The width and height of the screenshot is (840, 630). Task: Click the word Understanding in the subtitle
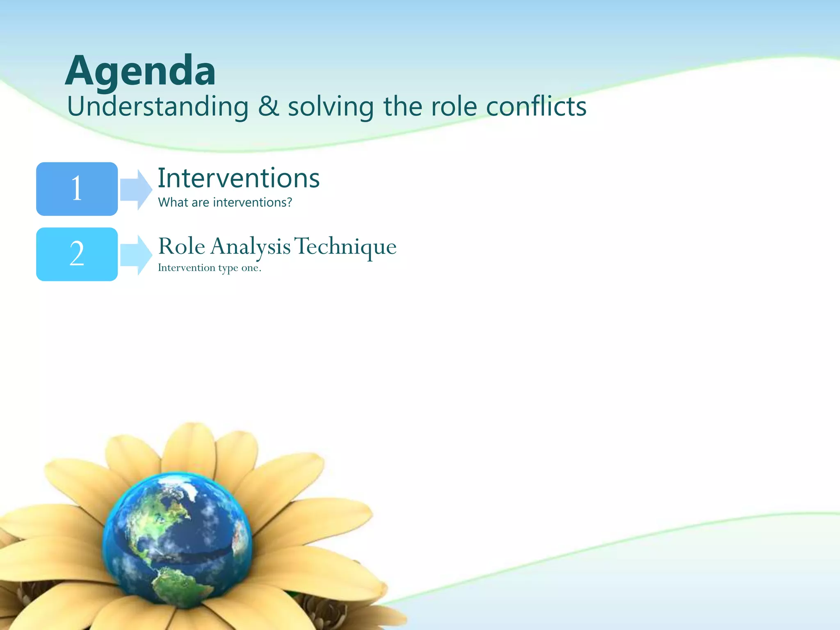coord(158,107)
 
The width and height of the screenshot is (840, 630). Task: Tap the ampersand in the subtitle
coord(269,107)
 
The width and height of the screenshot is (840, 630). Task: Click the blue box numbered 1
coord(77,189)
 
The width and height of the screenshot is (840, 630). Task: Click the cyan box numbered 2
coord(77,254)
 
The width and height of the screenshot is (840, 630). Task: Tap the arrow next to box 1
coord(136,189)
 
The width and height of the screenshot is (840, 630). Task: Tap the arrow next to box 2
coord(136,255)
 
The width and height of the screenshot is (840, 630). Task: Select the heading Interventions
coord(239,178)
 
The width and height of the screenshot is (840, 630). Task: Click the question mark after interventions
coord(289,202)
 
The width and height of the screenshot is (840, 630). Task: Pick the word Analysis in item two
coord(251,247)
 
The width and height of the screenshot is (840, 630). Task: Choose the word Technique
coord(345,247)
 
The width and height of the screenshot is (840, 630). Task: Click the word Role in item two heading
coord(181,247)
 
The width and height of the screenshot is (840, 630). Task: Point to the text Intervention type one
coord(209,268)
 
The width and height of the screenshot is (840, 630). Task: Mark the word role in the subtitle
coord(454,107)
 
